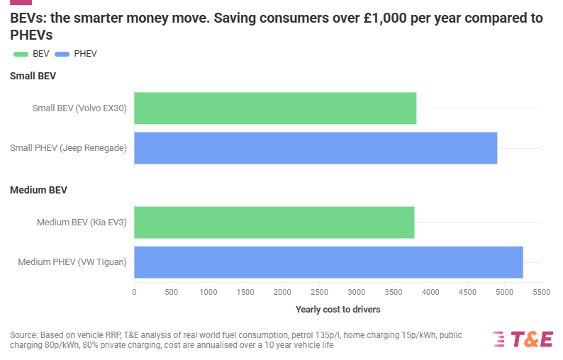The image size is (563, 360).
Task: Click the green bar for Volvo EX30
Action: pyautogui.click(x=275, y=108)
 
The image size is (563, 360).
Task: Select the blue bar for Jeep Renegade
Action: pyautogui.click(x=316, y=148)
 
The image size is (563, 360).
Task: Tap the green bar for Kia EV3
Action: pyautogui.click(x=274, y=223)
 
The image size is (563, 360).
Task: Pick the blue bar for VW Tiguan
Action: pyautogui.click(x=328, y=262)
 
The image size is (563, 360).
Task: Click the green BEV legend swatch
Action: pyautogui.click(x=21, y=54)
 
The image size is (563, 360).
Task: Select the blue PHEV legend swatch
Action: pyautogui.click(x=62, y=54)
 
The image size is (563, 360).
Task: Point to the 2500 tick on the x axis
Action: pyautogui.click(x=319, y=292)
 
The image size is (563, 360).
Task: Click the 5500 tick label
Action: pyautogui.click(x=542, y=292)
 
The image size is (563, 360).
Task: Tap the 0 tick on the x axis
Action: pyautogui.click(x=134, y=292)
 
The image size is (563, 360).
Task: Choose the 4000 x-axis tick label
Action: pyautogui.click(x=430, y=292)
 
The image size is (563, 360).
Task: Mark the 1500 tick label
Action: pyautogui.click(x=245, y=292)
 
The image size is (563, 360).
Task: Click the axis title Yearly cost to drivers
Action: pyautogui.click(x=338, y=310)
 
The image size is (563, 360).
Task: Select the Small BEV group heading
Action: pyautogui.click(x=33, y=76)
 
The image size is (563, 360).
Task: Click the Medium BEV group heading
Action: pyautogui.click(x=38, y=190)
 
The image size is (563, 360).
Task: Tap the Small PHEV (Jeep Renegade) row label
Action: pyautogui.click(x=68, y=148)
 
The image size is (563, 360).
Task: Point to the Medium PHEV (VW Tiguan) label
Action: pyautogui.click(x=72, y=262)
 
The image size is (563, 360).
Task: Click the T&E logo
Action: pyautogui.click(x=523, y=339)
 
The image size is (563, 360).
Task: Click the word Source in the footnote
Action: pyautogui.click(x=23, y=335)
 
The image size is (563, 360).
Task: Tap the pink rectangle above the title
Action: pyautogui.click(x=21, y=2)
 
